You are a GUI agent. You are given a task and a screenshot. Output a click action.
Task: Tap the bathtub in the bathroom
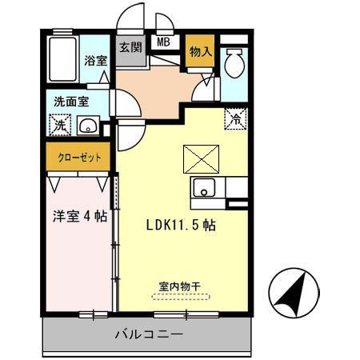[x=62, y=59]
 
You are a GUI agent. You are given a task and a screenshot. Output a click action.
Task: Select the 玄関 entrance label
[x=130, y=47]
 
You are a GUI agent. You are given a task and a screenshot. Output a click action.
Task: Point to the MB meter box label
[x=163, y=43]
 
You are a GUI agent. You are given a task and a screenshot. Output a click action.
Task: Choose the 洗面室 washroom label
[x=71, y=102]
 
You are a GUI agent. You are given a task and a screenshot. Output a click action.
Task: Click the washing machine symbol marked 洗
[x=60, y=126]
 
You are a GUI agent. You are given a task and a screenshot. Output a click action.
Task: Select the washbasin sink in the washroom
[x=88, y=126]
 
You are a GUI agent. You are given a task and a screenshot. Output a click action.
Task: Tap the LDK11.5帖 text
[x=180, y=226]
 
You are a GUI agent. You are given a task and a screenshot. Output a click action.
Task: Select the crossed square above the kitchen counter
[x=199, y=158]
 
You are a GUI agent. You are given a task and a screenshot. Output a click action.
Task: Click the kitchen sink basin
[x=203, y=189]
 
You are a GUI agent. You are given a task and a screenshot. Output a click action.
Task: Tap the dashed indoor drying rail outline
[x=180, y=296]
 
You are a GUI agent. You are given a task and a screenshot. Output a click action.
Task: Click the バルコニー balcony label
[x=149, y=334]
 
